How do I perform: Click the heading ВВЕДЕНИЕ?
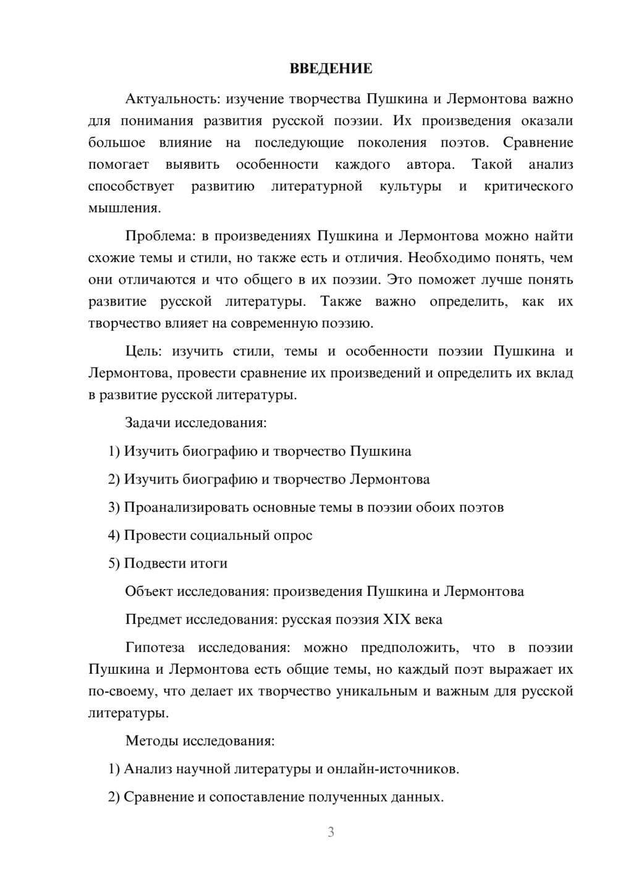pyautogui.click(x=331, y=69)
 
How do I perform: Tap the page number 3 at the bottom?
pyautogui.click(x=331, y=832)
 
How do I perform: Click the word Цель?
pyautogui.click(x=143, y=351)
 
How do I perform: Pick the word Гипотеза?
pyautogui.click(x=154, y=648)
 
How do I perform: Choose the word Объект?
pyautogui.click(x=149, y=592)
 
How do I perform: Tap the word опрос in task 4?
pyautogui.click(x=292, y=535)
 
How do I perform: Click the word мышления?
pyautogui.click(x=124, y=208)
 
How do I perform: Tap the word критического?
pyautogui.click(x=528, y=186)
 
